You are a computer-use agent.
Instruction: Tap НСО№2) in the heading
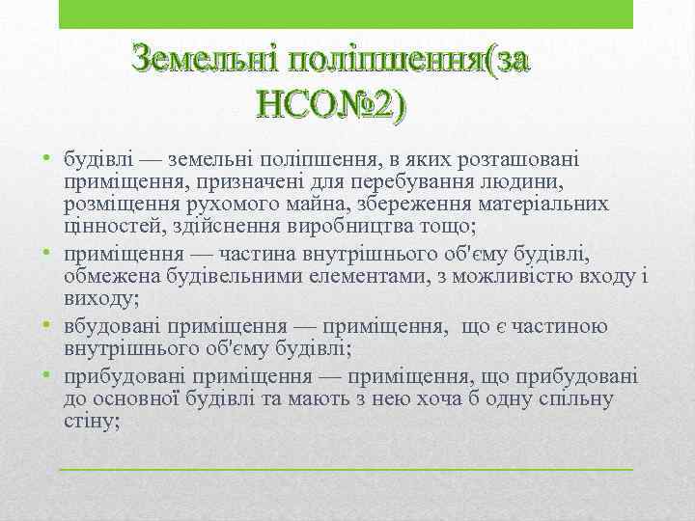tap(334, 102)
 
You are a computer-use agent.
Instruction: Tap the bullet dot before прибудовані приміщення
tap(46, 375)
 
